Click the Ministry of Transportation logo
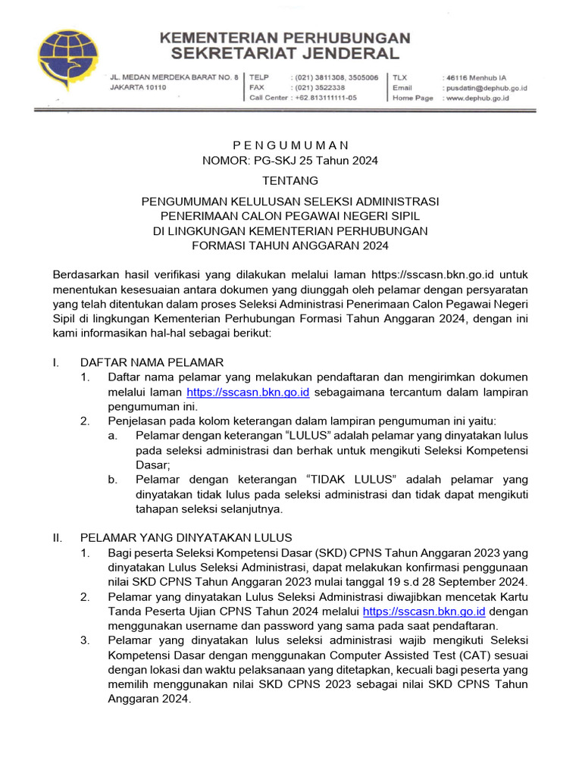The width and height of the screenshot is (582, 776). click(69, 58)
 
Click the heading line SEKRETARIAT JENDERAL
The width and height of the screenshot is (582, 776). click(284, 53)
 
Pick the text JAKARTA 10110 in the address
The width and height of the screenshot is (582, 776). click(138, 88)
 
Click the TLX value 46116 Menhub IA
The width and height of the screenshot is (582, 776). click(476, 77)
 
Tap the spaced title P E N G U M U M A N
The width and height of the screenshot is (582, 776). click(290, 145)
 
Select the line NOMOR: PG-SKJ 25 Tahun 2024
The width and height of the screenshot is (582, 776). click(290, 160)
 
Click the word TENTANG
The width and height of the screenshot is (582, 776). click(290, 180)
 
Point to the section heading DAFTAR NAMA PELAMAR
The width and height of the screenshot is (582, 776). click(152, 362)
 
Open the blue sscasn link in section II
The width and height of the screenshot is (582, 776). click(424, 611)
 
